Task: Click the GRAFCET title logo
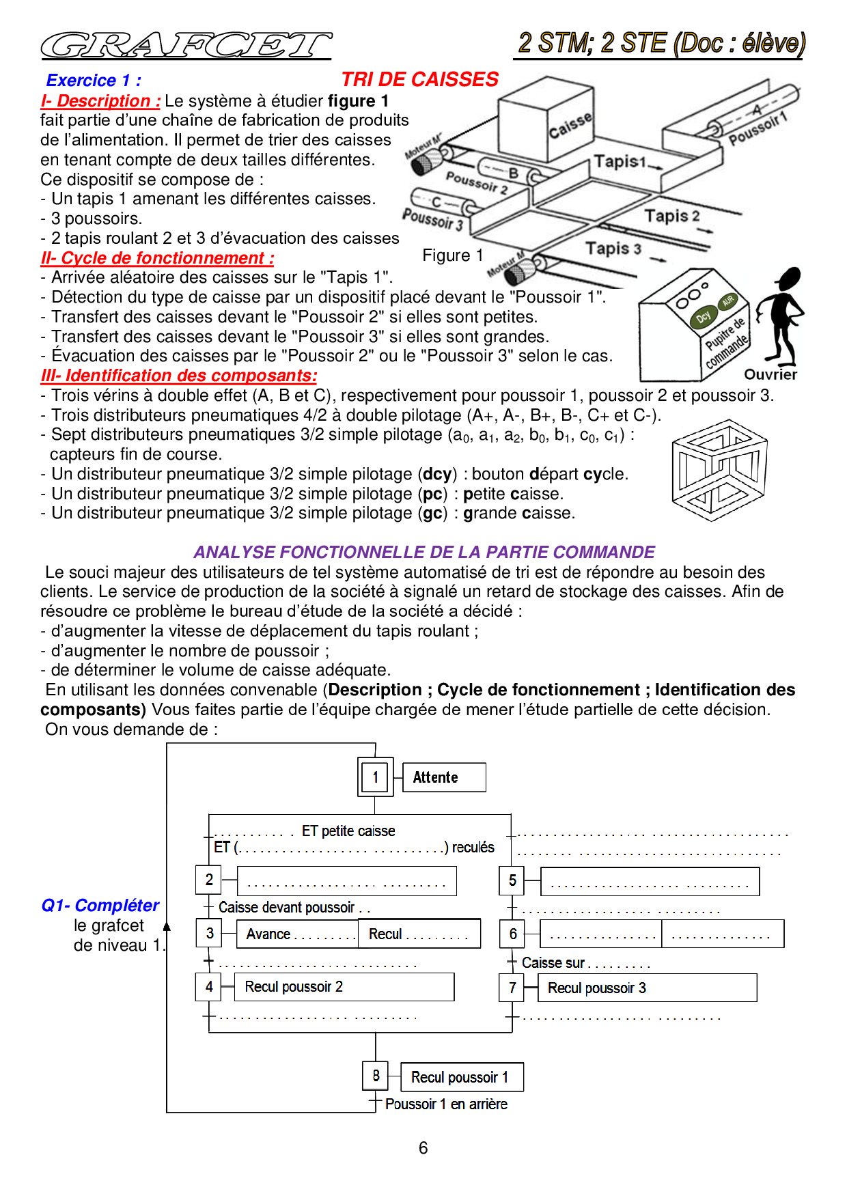coord(186,46)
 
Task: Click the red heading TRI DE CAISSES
coord(419,79)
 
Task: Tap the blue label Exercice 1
coord(94,81)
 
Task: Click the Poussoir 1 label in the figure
coord(758,128)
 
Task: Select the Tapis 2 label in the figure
coord(672,217)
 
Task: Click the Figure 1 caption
coord(453,255)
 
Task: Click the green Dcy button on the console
coord(704,317)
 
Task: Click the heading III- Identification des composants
coord(179,376)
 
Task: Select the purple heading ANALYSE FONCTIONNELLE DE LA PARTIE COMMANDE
coord(423,552)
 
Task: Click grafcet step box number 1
coord(375,777)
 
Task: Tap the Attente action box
coord(444,777)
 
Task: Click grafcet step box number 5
coord(512,880)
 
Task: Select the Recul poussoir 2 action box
coord(344,987)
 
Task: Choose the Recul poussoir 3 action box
coord(647,988)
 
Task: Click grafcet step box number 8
coord(376,1076)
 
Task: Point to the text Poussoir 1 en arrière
coord(446,1104)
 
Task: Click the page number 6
coord(423,1148)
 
